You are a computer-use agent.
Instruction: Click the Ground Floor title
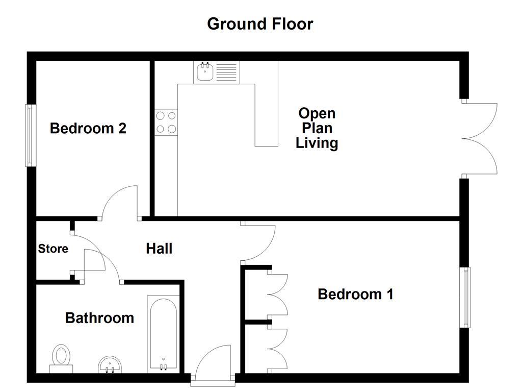pyautogui.click(x=260, y=24)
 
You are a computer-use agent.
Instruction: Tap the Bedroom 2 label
pyautogui.click(x=88, y=128)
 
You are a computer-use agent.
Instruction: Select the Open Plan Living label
pyautogui.click(x=317, y=128)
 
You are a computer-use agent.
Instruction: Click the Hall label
pyautogui.click(x=159, y=249)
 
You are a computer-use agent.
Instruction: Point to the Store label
pyautogui.click(x=53, y=249)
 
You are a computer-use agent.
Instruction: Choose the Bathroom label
pyautogui.click(x=99, y=318)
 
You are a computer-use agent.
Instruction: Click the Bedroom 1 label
pyautogui.click(x=355, y=294)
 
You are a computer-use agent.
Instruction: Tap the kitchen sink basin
pyautogui.click(x=204, y=72)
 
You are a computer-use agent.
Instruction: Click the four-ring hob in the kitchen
pyautogui.click(x=166, y=122)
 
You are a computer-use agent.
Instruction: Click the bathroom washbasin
pyautogui.click(x=110, y=364)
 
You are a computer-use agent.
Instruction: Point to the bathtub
pyautogui.click(x=163, y=334)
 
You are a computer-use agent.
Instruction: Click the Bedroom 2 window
pyautogui.click(x=31, y=135)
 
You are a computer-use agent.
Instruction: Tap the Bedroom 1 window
pyautogui.click(x=465, y=297)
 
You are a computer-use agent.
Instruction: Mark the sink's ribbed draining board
pyautogui.click(x=226, y=72)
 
